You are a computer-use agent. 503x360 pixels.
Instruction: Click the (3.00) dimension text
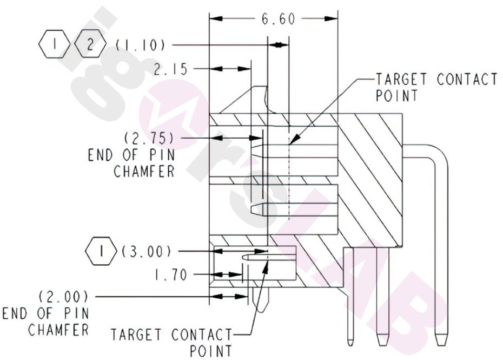pyautogui.click(x=147, y=251)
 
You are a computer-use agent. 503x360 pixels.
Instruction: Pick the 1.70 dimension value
pyautogui.click(x=170, y=276)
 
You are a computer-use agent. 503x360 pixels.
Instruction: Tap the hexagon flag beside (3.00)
pyautogui.click(x=101, y=251)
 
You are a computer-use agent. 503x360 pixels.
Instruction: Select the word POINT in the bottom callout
pyautogui.click(x=211, y=350)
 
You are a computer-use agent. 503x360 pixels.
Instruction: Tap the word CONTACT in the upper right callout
pyautogui.click(x=467, y=79)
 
